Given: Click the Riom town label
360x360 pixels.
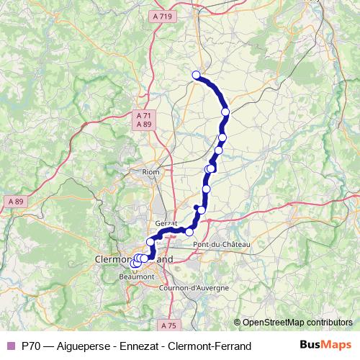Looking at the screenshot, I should tap(150, 172).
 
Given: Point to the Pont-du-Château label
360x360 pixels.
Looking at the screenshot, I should tap(222, 246).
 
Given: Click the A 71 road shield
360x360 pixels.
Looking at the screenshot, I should tap(143, 115).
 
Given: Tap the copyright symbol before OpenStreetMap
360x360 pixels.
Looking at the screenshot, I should tap(238, 323).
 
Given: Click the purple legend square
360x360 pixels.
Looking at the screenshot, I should tap(10, 346).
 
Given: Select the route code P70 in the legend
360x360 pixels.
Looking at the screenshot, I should tap(32, 346).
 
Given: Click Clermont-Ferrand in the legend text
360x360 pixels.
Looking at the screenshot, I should tap(212, 346).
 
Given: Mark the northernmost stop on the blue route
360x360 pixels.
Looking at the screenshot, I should tap(196, 75).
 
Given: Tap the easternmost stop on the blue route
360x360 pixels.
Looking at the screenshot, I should tap(226, 112).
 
